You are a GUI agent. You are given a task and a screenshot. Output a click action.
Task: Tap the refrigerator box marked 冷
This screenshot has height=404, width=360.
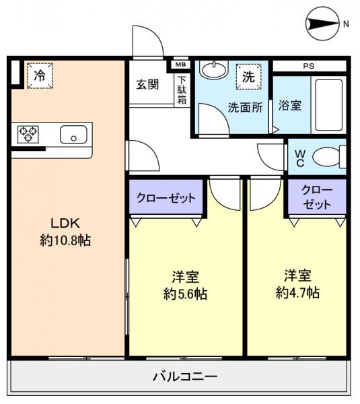pyautogui.click(x=40, y=75)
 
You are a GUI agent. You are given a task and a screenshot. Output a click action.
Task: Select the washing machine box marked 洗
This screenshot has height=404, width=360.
pyautogui.click(x=248, y=76)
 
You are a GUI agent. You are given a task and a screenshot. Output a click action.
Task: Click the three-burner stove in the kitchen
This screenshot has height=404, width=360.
pyautogui.click(x=29, y=133)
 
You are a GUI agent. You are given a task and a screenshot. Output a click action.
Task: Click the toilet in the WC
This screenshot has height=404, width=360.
pyautogui.click(x=329, y=158)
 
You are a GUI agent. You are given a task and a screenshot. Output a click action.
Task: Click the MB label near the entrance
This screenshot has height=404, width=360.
pyautogui.click(x=180, y=65)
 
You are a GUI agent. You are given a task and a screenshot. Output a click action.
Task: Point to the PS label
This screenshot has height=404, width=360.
pyautogui.click(x=308, y=66)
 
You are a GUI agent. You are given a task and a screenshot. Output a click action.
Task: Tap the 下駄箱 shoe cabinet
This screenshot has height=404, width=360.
pyautogui.click(x=182, y=90)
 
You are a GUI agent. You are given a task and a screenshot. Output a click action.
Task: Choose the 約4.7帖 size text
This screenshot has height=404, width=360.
pyautogui.click(x=297, y=292)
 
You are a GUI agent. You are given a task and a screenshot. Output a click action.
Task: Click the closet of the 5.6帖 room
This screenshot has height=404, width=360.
pyautogui.click(x=166, y=198)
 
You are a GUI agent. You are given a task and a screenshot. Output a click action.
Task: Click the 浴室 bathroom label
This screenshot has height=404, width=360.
pyautogui.click(x=290, y=106)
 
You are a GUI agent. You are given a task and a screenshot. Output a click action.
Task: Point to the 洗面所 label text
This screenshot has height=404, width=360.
pyautogui.click(x=245, y=106)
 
